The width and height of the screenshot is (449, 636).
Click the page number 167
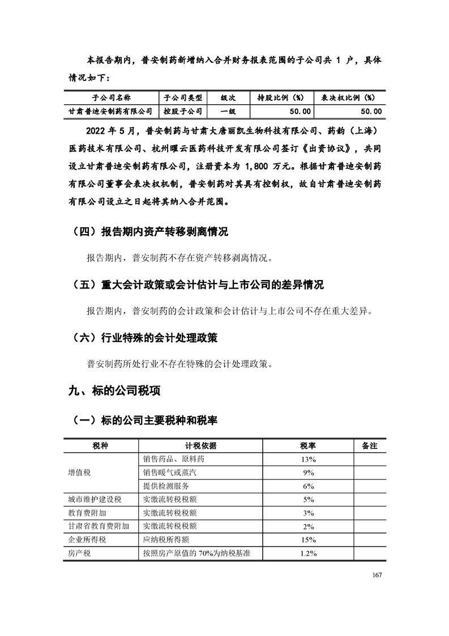tap(378, 575)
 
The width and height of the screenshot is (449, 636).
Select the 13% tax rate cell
tap(309, 459)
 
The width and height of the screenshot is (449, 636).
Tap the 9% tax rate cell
tap(309, 472)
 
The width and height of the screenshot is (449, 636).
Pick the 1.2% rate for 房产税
tap(309, 554)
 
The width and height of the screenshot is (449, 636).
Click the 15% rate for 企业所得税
tap(309, 540)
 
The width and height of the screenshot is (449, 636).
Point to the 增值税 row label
tap(79, 472)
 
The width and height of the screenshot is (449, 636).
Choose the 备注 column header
tap(369, 446)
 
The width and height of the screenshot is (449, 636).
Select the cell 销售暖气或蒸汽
tap(172, 472)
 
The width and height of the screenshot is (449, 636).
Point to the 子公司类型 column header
tap(183, 97)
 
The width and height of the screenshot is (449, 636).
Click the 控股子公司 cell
tap(183, 112)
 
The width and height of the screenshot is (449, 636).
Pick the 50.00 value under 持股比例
tap(300, 112)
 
